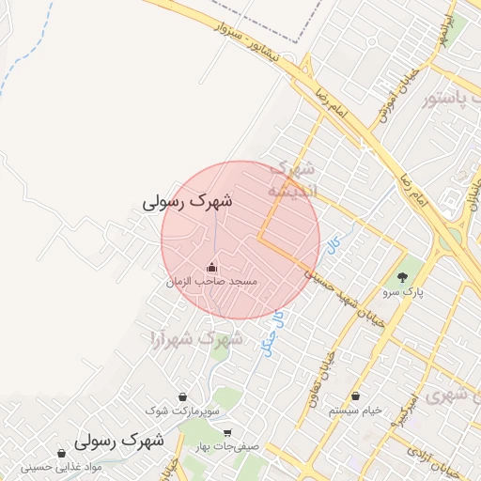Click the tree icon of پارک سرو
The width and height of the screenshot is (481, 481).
click(x=403, y=277)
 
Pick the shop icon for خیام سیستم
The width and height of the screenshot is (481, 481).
click(x=357, y=396)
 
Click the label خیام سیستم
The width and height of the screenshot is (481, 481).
click(x=357, y=411)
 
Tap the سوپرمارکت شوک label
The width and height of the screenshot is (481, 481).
click(x=182, y=411)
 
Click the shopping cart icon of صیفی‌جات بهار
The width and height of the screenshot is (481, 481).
click(x=227, y=433)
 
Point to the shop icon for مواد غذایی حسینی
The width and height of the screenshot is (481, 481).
click(x=62, y=453)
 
